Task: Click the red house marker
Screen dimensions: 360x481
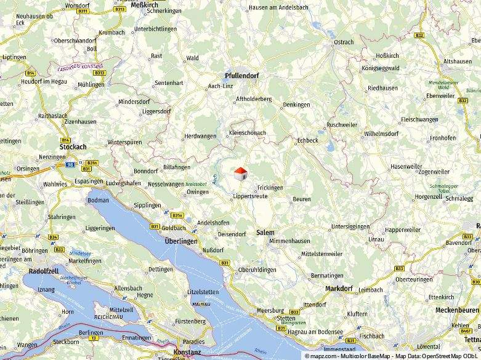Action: pyautogui.click(x=240, y=174)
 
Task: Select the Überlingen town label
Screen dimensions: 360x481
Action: pyautogui.click(x=181, y=241)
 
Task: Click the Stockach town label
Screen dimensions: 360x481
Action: pyautogui.click(x=73, y=147)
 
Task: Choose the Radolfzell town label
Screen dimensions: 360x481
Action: pyautogui.click(x=46, y=271)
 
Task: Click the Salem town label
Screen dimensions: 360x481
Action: pyautogui.click(x=265, y=233)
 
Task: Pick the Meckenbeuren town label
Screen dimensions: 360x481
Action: pyautogui.click(x=457, y=310)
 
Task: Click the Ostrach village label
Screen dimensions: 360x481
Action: pyautogui.click(x=344, y=42)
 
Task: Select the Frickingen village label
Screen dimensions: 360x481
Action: pyautogui.click(x=270, y=187)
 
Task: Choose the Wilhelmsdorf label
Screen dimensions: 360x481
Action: pyautogui.click(x=381, y=133)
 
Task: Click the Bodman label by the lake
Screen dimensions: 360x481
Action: pyautogui.click(x=99, y=200)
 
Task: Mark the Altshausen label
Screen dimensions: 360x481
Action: pyautogui.click(x=458, y=62)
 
